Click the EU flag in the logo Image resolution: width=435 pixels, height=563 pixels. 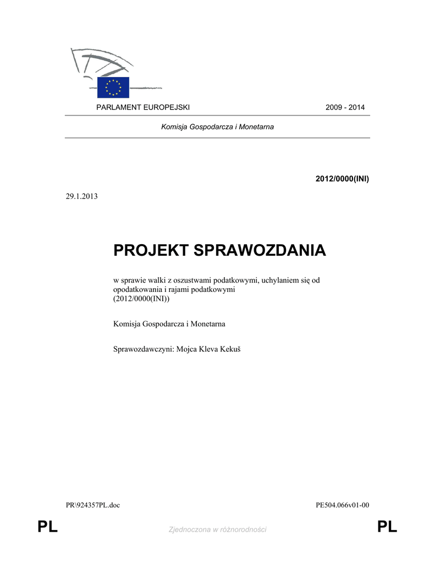point(113,87)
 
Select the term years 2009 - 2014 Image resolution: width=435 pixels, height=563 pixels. point(345,107)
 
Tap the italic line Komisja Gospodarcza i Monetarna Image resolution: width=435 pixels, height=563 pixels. point(217,127)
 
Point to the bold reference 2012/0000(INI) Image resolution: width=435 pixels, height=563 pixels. point(342,179)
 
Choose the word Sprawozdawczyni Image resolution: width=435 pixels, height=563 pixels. point(142,349)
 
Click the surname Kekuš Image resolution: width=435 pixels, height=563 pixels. point(228,349)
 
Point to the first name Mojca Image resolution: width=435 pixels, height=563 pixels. point(186,349)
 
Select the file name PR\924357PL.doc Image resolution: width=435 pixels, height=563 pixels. point(93,505)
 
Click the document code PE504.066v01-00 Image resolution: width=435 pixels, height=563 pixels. point(343,505)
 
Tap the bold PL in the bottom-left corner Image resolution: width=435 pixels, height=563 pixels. point(47,528)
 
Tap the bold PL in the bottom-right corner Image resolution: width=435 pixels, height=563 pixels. point(387,528)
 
